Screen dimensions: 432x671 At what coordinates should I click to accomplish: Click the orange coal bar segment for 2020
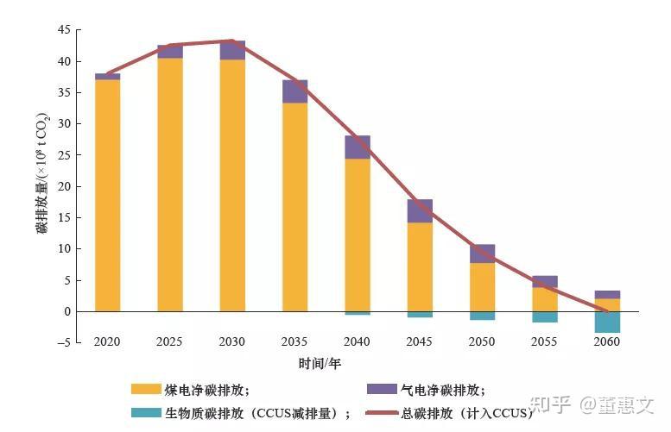(x=107, y=195)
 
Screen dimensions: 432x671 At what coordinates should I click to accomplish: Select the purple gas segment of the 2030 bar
(x=232, y=50)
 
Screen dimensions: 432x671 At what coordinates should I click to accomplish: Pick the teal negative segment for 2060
(x=607, y=322)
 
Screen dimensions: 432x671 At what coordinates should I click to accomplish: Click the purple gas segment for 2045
(x=420, y=210)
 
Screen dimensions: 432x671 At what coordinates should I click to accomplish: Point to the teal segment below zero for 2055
(x=545, y=316)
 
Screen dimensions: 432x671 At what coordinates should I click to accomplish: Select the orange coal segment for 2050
(x=482, y=286)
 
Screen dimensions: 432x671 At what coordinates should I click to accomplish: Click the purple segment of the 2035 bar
(x=294, y=91)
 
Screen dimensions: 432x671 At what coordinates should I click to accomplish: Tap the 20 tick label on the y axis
(x=63, y=186)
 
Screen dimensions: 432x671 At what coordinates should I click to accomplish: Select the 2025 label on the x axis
(x=169, y=342)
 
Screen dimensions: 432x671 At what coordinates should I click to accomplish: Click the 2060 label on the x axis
(x=607, y=342)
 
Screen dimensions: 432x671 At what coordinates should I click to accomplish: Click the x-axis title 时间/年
(x=320, y=363)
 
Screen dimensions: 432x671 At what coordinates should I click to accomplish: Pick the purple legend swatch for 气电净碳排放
(x=382, y=389)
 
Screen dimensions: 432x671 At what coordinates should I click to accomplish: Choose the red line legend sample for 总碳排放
(x=382, y=413)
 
